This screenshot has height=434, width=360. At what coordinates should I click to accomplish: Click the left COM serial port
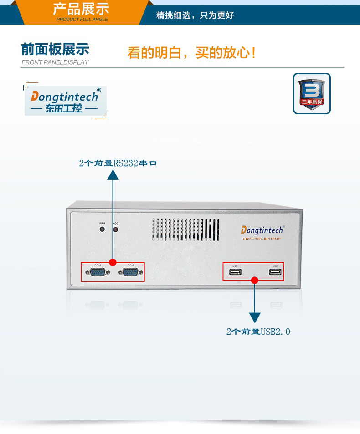[x=97, y=273]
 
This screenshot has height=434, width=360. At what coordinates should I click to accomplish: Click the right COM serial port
[x=131, y=273]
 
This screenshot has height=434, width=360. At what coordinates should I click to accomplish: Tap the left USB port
[x=235, y=272]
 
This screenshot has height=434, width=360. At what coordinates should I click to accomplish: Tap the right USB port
[x=275, y=272]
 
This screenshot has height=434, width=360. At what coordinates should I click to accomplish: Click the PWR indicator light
[x=102, y=229]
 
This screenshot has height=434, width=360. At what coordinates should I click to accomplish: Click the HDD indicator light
[x=115, y=229]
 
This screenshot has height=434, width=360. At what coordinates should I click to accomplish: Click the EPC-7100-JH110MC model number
[x=262, y=240]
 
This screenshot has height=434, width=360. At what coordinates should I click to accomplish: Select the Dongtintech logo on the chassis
[x=262, y=230]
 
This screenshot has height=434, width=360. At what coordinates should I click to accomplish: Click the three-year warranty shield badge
[x=312, y=93]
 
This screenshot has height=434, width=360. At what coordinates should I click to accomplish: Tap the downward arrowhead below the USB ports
[x=255, y=317]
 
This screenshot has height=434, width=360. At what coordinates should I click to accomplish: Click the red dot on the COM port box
[x=113, y=262]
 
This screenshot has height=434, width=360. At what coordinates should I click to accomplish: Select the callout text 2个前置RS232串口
[x=118, y=163]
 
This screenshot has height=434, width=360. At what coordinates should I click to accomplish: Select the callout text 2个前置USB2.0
[x=258, y=332]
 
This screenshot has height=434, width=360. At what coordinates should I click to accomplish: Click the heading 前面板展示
[x=55, y=50]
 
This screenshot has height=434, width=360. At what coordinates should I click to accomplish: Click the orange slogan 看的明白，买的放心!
[x=191, y=53]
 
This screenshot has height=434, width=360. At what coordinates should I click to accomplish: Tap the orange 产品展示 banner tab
[x=82, y=9]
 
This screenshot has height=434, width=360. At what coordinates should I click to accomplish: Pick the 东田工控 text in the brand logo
[x=64, y=109]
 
